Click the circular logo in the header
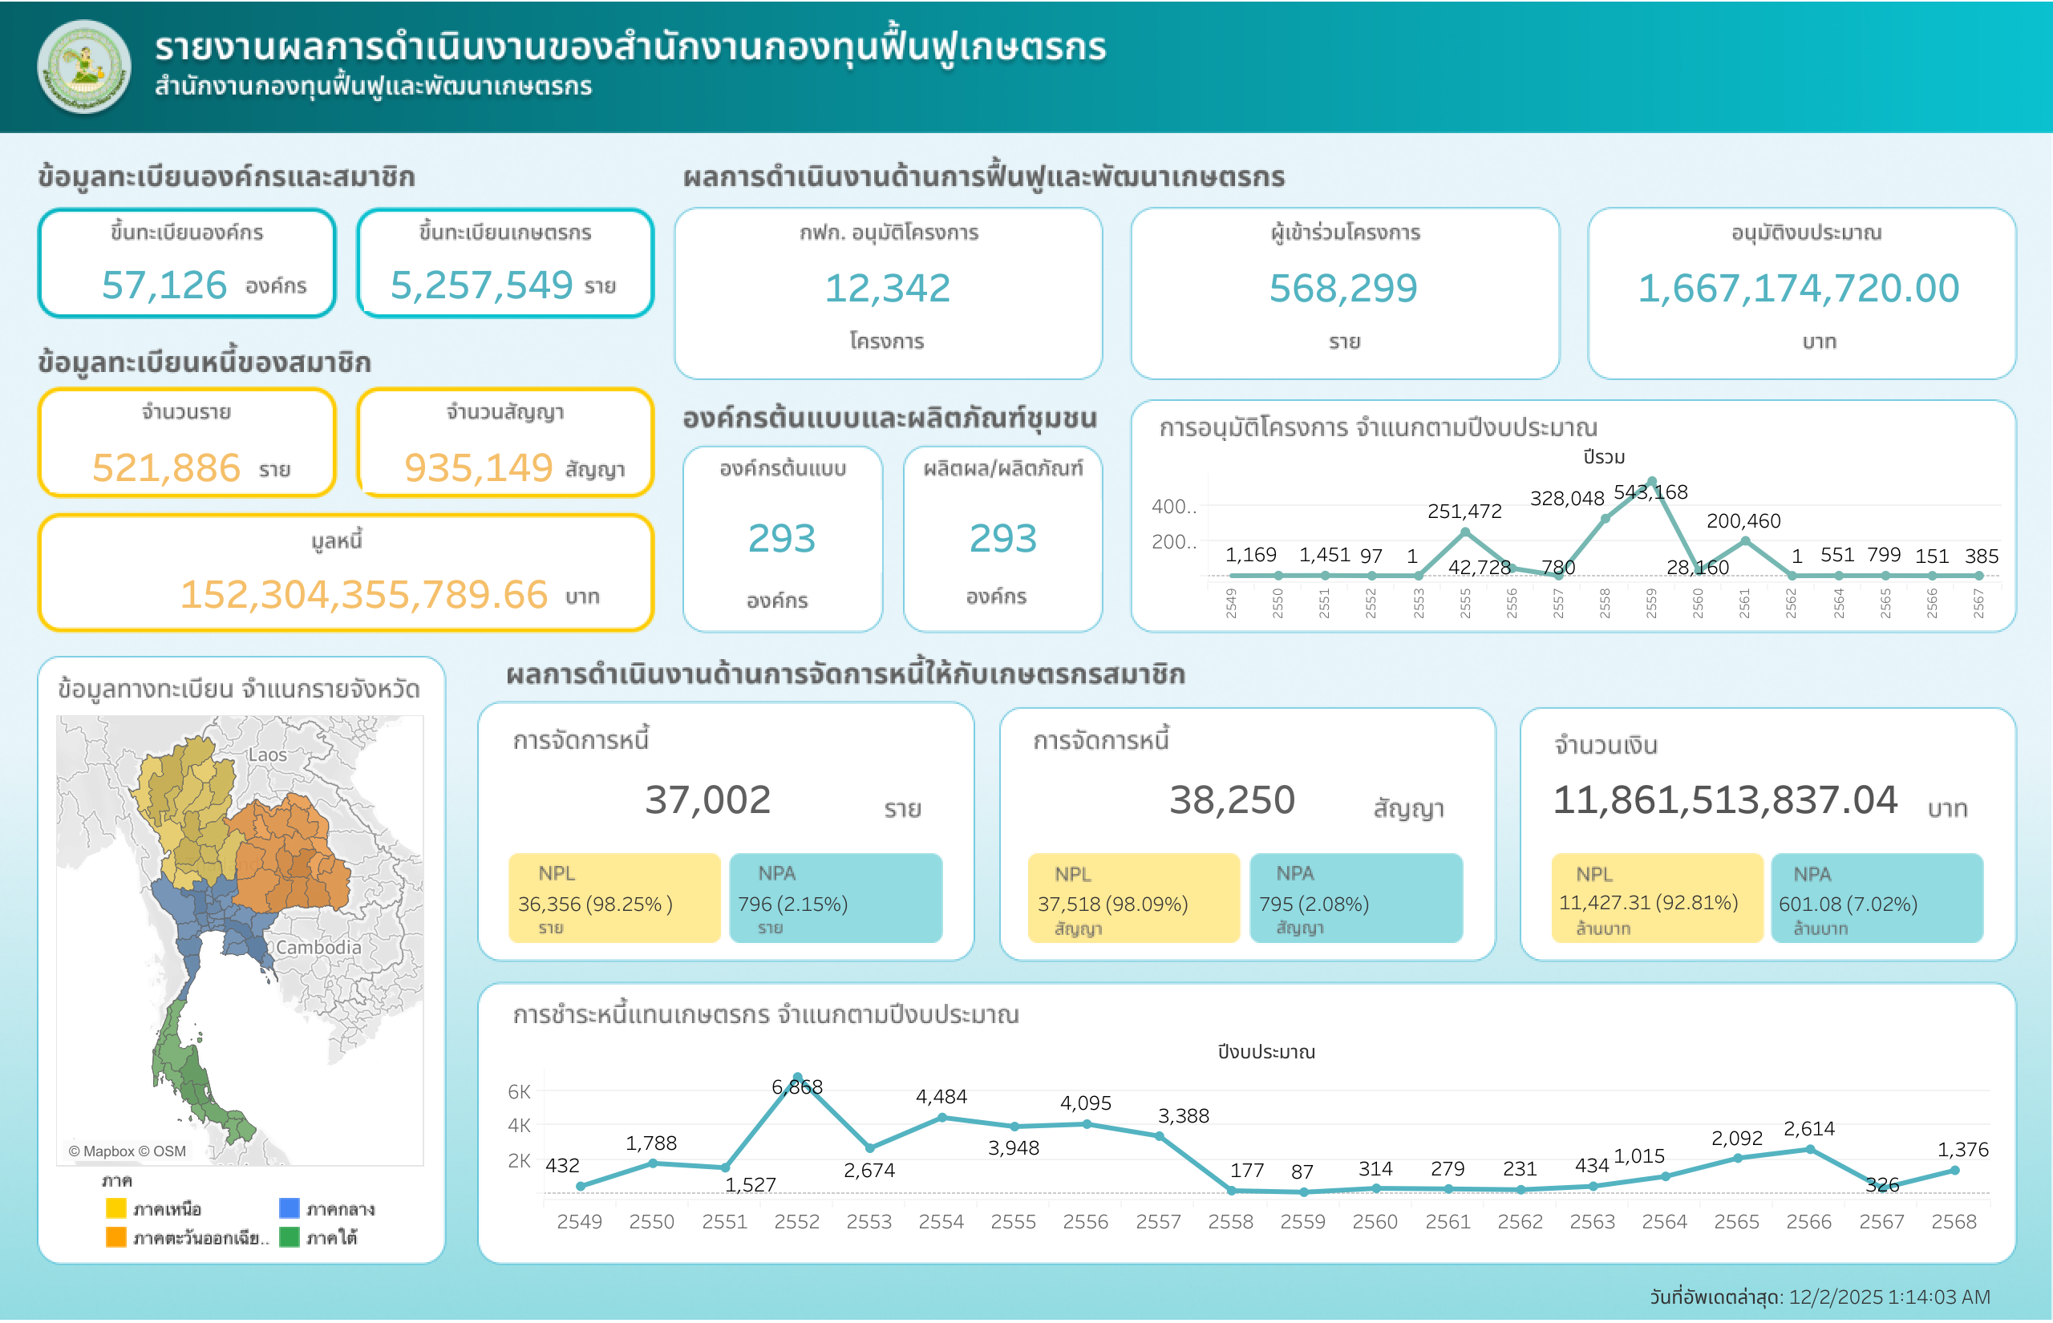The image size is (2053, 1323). (x=83, y=67)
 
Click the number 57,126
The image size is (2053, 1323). (x=164, y=285)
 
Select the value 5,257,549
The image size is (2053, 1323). (x=481, y=285)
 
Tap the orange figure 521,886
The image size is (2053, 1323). (x=166, y=468)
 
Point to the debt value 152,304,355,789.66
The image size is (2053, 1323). (x=363, y=594)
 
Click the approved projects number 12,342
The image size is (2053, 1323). (x=887, y=288)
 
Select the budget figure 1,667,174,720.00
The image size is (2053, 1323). (x=1798, y=288)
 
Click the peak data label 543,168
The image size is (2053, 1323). (x=1650, y=492)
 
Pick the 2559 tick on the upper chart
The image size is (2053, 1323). (x=1650, y=602)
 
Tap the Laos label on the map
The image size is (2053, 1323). (x=267, y=755)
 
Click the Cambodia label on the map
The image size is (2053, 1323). (x=318, y=947)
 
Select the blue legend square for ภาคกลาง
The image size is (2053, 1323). (x=290, y=1208)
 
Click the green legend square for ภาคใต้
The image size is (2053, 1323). (x=290, y=1237)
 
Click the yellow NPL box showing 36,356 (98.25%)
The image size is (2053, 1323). (x=614, y=898)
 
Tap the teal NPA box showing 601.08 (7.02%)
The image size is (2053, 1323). (x=1876, y=898)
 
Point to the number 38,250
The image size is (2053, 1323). (x=1231, y=800)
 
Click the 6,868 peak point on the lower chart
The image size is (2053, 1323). (x=797, y=1078)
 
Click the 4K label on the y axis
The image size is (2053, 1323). (x=519, y=1126)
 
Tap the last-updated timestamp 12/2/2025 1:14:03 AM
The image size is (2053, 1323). (x=1889, y=1297)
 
